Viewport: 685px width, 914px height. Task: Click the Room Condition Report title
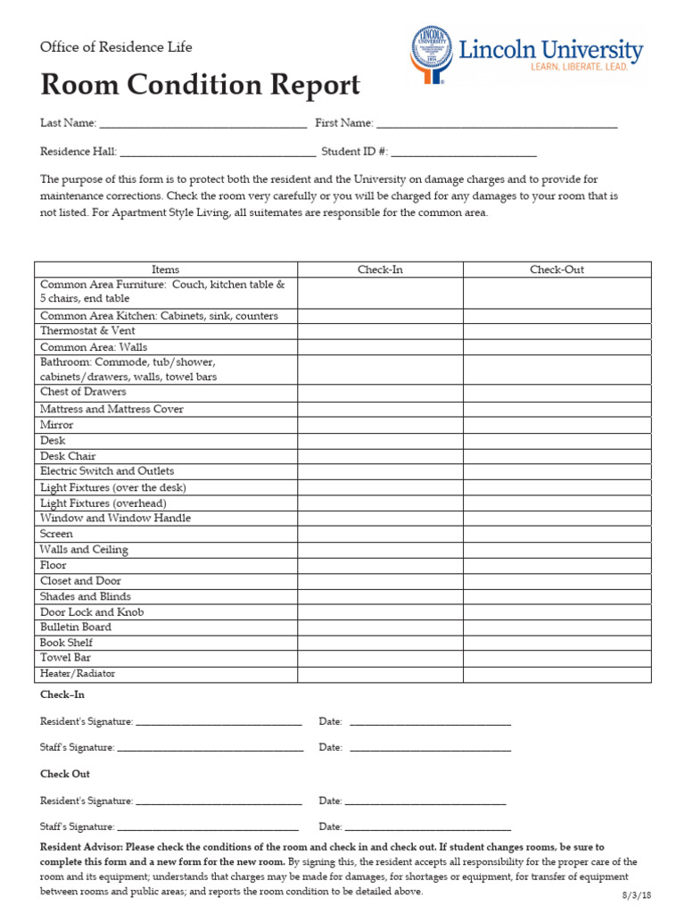click(x=200, y=85)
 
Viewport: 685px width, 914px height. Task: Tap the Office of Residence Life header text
click(x=116, y=46)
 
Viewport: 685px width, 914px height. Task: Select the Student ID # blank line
click(x=464, y=153)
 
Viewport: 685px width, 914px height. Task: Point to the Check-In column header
click(x=380, y=270)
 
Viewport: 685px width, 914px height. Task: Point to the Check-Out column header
click(x=557, y=270)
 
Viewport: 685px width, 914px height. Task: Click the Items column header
click(x=165, y=270)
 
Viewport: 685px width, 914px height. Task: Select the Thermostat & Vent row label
click(x=89, y=330)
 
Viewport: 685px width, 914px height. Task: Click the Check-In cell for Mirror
click(x=380, y=425)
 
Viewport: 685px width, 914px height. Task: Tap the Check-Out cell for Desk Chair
click(x=557, y=456)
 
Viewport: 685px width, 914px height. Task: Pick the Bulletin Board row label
click(x=76, y=627)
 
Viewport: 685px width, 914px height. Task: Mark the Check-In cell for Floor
click(x=380, y=565)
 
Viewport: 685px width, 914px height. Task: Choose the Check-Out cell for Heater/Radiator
click(x=557, y=674)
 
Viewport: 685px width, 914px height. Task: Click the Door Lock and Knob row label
click(x=92, y=612)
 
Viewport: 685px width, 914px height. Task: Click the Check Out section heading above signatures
click(x=65, y=774)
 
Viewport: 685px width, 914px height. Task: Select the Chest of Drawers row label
click(x=83, y=392)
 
